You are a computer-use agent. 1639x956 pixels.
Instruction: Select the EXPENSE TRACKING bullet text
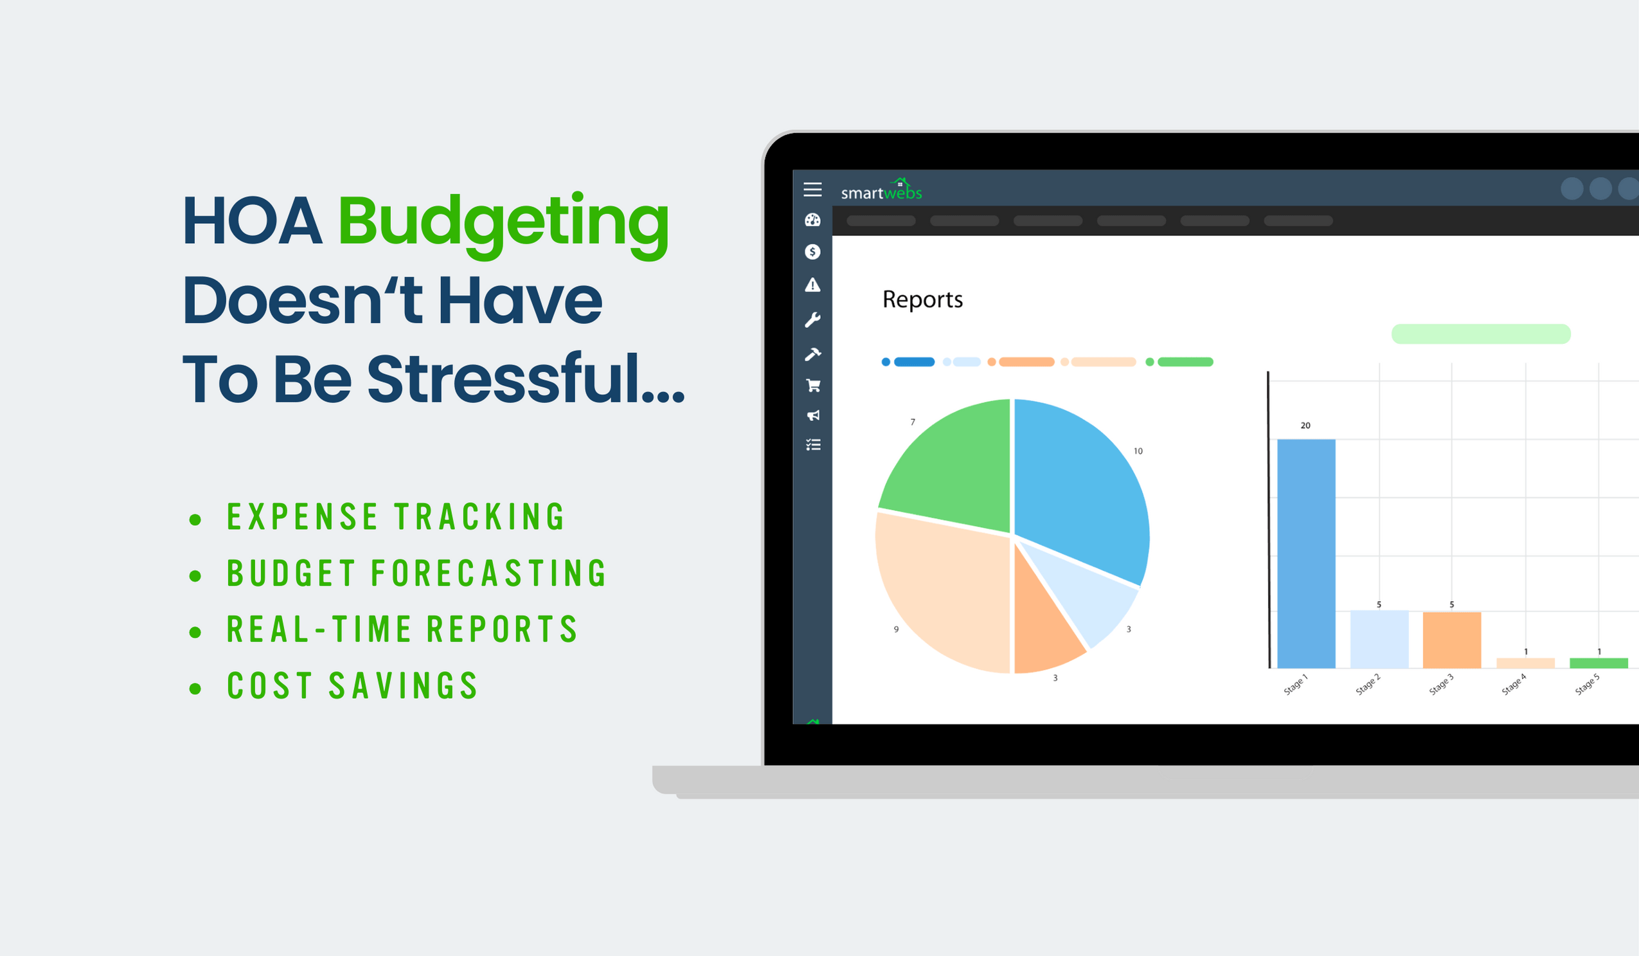pyautogui.click(x=395, y=518)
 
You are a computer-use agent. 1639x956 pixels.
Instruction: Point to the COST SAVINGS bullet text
pyautogui.click(x=352, y=687)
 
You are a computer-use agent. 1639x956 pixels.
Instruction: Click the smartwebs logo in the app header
pyautogui.click(x=881, y=190)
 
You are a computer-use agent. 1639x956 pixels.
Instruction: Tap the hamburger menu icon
pyautogui.click(x=812, y=189)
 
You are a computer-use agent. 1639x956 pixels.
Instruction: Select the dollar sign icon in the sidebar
pyautogui.click(x=812, y=251)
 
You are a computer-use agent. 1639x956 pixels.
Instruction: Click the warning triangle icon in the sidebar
pyautogui.click(x=812, y=285)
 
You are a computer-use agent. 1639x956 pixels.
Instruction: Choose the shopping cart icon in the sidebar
pyautogui.click(x=813, y=386)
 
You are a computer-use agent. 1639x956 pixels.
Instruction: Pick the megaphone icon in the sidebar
pyautogui.click(x=813, y=415)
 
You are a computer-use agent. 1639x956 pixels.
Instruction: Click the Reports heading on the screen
pyautogui.click(x=922, y=300)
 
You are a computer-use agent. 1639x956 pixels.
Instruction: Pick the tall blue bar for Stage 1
pyautogui.click(x=1306, y=553)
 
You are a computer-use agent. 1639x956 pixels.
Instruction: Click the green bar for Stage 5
pyautogui.click(x=1598, y=663)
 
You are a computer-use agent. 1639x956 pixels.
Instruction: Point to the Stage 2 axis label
pyautogui.click(x=1368, y=685)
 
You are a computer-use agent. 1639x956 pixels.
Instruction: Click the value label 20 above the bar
pyautogui.click(x=1305, y=426)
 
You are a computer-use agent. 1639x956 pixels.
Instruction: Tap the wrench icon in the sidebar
pyautogui.click(x=812, y=320)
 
